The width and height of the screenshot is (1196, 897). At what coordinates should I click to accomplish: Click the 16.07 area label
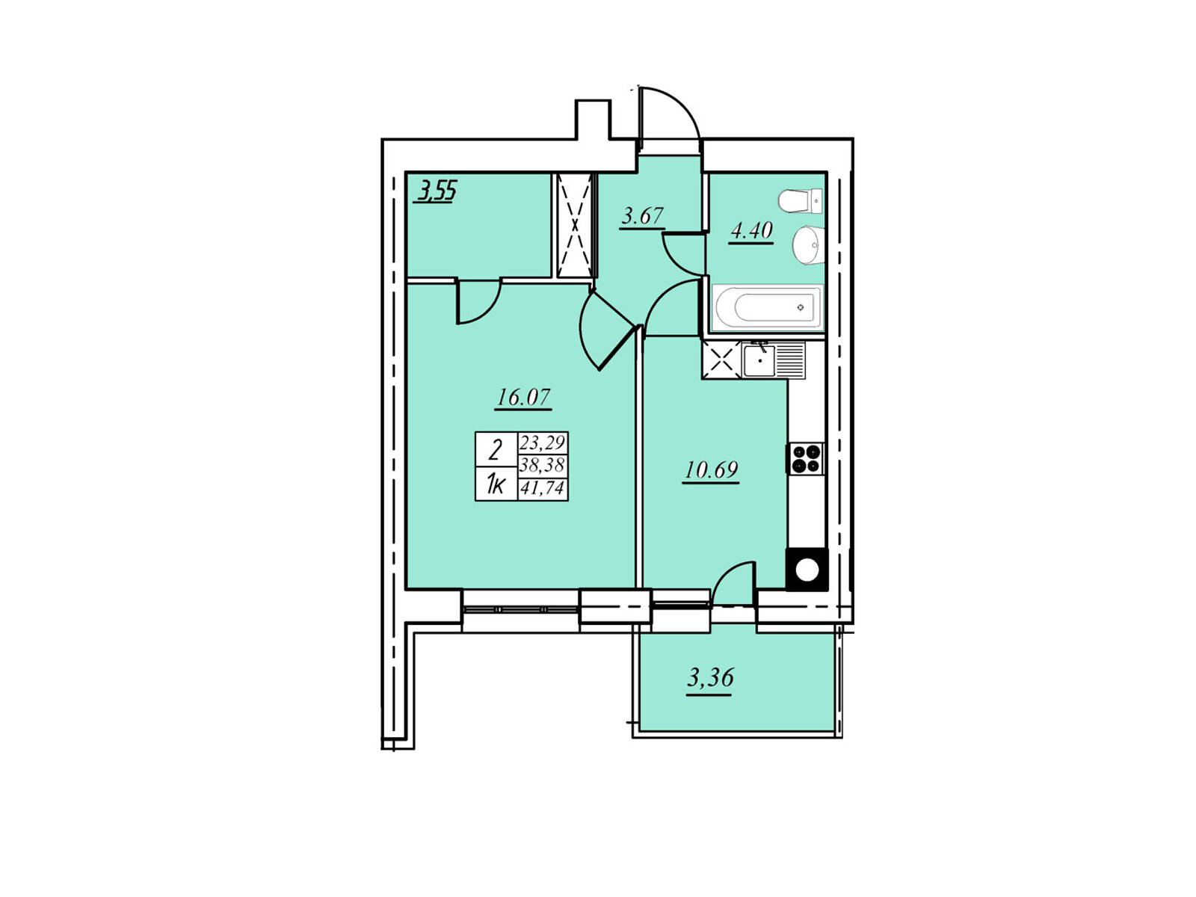523,397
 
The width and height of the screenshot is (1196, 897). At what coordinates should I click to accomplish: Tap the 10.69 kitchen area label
711,469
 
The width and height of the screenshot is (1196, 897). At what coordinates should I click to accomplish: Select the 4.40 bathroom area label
750,230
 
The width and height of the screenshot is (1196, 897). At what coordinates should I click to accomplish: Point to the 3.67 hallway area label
642,216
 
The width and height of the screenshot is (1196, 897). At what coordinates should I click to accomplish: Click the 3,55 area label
437,191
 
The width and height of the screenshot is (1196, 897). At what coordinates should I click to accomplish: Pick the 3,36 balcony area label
710,677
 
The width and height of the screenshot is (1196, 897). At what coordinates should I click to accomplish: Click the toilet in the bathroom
800,201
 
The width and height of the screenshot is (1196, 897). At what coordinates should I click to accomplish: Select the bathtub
767,308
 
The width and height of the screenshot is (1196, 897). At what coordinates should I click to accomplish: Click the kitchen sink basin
759,360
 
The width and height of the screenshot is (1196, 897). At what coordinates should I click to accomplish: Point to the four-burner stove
805,458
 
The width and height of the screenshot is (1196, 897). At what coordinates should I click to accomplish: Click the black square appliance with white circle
807,569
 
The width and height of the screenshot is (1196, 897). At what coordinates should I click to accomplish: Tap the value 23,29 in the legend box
542,443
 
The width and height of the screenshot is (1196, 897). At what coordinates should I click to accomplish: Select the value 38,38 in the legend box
542,464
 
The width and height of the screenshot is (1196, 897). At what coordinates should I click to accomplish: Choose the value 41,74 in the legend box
542,487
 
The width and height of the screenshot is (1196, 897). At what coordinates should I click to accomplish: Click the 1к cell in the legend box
495,483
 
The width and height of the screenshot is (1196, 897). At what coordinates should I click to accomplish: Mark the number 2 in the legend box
496,451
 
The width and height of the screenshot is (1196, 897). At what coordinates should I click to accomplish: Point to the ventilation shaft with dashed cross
575,225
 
